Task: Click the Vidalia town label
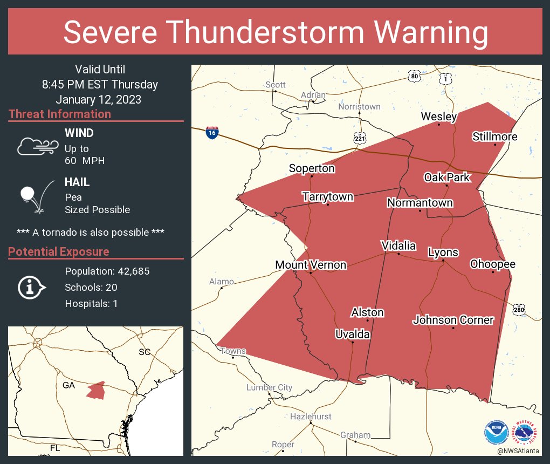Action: (398, 246)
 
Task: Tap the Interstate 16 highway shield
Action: (212, 133)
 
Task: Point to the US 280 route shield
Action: (519, 310)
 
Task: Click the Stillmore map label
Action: (494, 137)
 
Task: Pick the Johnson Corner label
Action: (453, 320)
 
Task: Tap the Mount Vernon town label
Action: (311, 265)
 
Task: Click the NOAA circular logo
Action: (496, 433)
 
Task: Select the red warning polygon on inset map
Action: (95, 390)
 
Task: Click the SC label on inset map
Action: (145, 352)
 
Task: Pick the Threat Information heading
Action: (60, 114)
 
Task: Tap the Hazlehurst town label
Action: (311, 417)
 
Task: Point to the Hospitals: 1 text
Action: (91, 303)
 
